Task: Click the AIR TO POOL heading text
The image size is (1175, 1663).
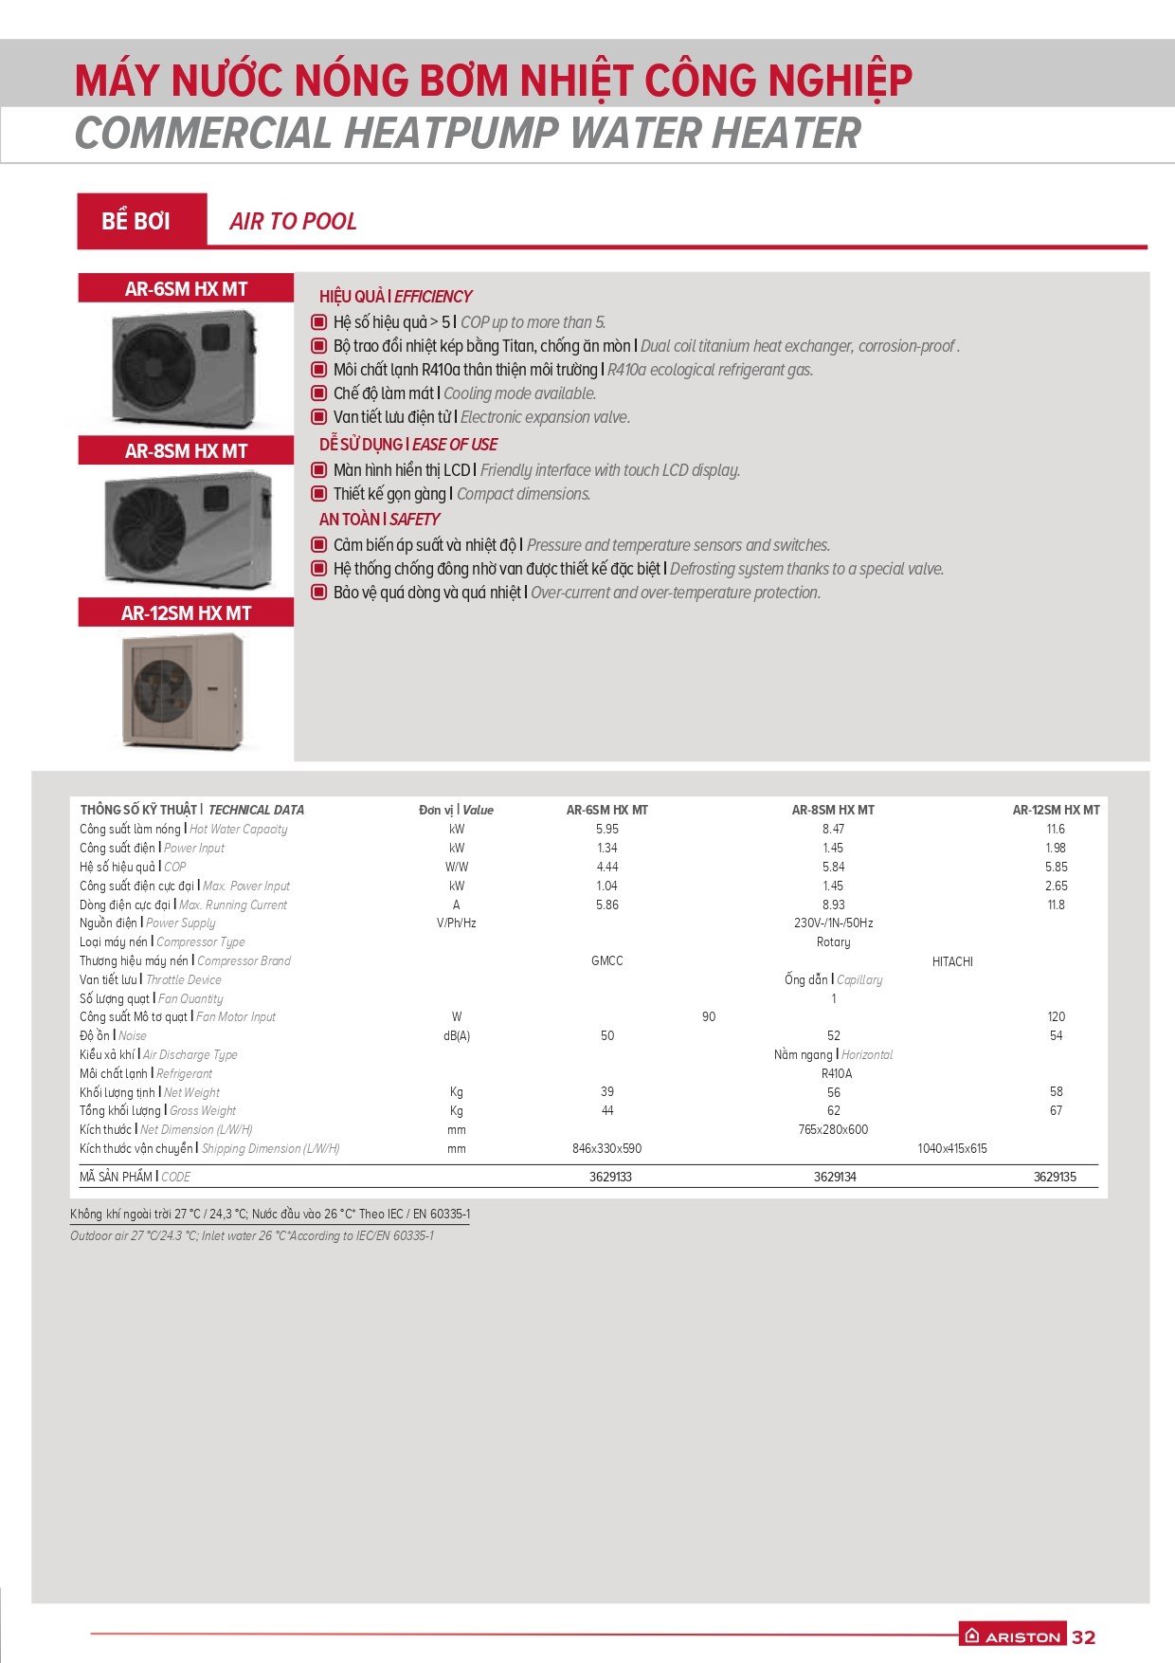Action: [x=293, y=222]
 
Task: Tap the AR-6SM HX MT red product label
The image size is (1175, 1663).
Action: [x=186, y=289]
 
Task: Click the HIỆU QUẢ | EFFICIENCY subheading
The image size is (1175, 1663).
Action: [x=395, y=297]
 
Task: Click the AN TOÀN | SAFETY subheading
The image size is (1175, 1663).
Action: [x=379, y=520]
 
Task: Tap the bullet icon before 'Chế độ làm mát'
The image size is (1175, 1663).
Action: [x=319, y=393]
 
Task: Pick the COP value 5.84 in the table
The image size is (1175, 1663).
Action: [x=833, y=867]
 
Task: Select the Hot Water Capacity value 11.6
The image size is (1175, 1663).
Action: [x=1056, y=829]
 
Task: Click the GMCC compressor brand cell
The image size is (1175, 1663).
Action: [x=607, y=960]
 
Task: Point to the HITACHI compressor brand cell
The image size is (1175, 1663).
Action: [x=952, y=961]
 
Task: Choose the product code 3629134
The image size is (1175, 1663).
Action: [x=835, y=1177]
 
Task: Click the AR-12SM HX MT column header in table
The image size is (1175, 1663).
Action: [x=1056, y=810]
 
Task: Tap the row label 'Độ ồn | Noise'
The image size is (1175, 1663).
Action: [x=113, y=1035]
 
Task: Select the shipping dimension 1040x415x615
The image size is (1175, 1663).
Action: [x=952, y=1148]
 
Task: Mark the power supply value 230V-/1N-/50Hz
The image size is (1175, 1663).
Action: [x=833, y=923]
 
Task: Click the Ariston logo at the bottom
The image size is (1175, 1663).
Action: [x=1012, y=1636]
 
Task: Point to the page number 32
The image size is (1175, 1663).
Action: [x=1083, y=1636]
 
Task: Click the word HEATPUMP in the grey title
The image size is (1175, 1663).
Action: [x=452, y=133]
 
